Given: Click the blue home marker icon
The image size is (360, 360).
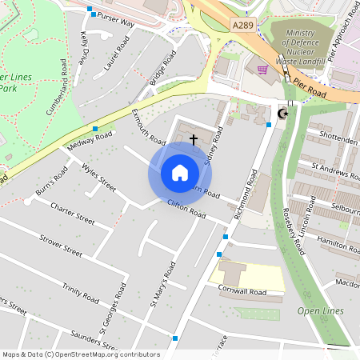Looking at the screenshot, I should pyautogui.click(x=179, y=173).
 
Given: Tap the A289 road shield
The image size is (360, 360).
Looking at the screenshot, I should pyautogui.click(x=242, y=26).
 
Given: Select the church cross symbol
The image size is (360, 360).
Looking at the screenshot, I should pyautogui.click(x=193, y=139).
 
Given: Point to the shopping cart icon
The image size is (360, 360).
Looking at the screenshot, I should pyautogui.click(x=262, y=70).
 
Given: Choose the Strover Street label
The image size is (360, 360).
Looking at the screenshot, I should pyautogui.click(x=61, y=245).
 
